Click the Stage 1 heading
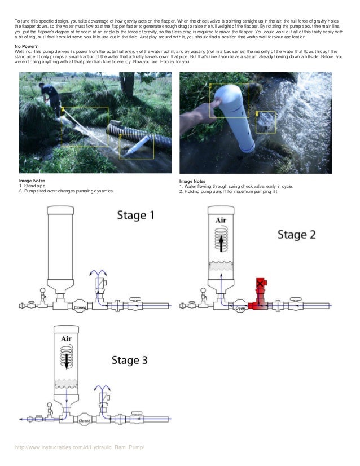coord(135,215)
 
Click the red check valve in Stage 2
coord(261,293)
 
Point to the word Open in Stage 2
coord(239,308)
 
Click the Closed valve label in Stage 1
coord(80,307)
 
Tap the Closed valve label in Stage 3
coord(85,420)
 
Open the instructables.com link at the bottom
coord(80,447)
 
